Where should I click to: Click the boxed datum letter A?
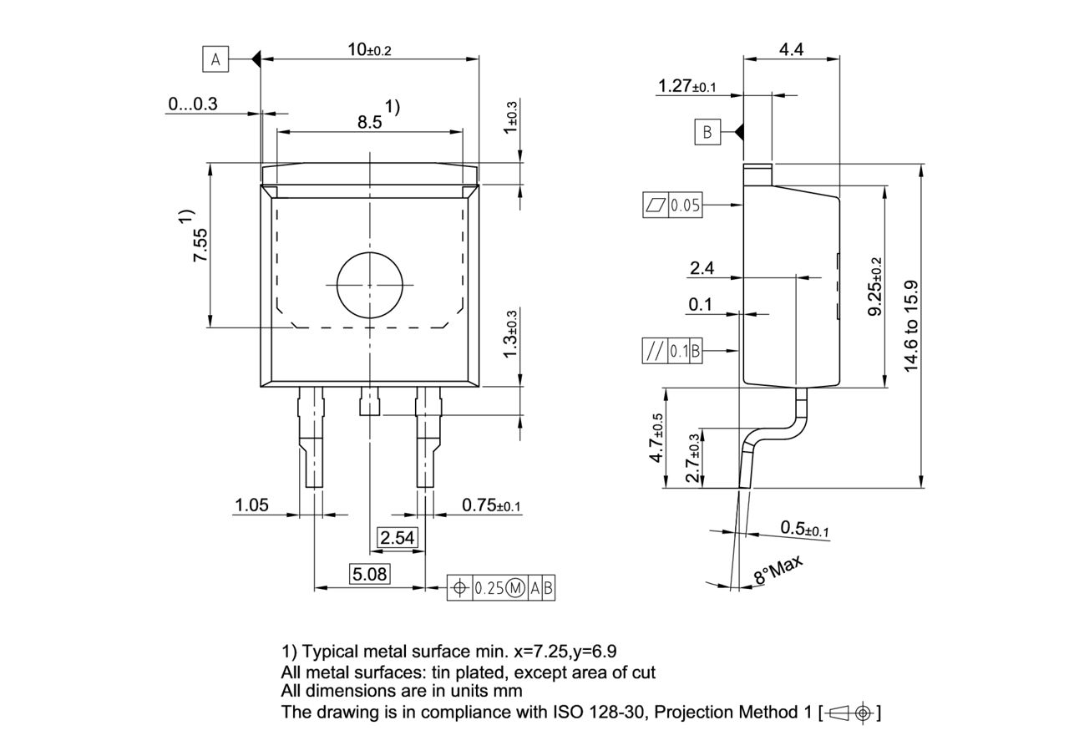pyautogui.click(x=215, y=59)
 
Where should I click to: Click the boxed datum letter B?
pyautogui.click(x=707, y=132)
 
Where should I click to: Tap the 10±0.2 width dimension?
pyautogui.click(x=369, y=49)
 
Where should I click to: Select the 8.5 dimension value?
pyautogui.click(x=370, y=122)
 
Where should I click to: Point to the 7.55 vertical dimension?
pyautogui.click(x=200, y=246)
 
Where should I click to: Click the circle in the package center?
pyautogui.click(x=369, y=285)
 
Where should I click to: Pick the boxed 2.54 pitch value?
pyautogui.click(x=397, y=538)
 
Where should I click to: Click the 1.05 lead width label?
pyautogui.click(x=251, y=505)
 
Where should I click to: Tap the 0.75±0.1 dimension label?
pyautogui.click(x=491, y=505)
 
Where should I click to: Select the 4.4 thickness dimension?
pyautogui.click(x=791, y=49)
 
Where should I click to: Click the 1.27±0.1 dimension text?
pyautogui.click(x=686, y=86)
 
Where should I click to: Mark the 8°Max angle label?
pyautogui.click(x=778, y=570)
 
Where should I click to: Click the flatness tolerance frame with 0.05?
pyautogui.click(x=672, y=205)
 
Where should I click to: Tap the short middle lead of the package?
pyautogui.click(x=369, y=402)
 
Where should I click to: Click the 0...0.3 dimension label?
pyautogui.click(x=192, y=104)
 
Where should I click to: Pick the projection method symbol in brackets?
pyautogui.click(x=851, y=713)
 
